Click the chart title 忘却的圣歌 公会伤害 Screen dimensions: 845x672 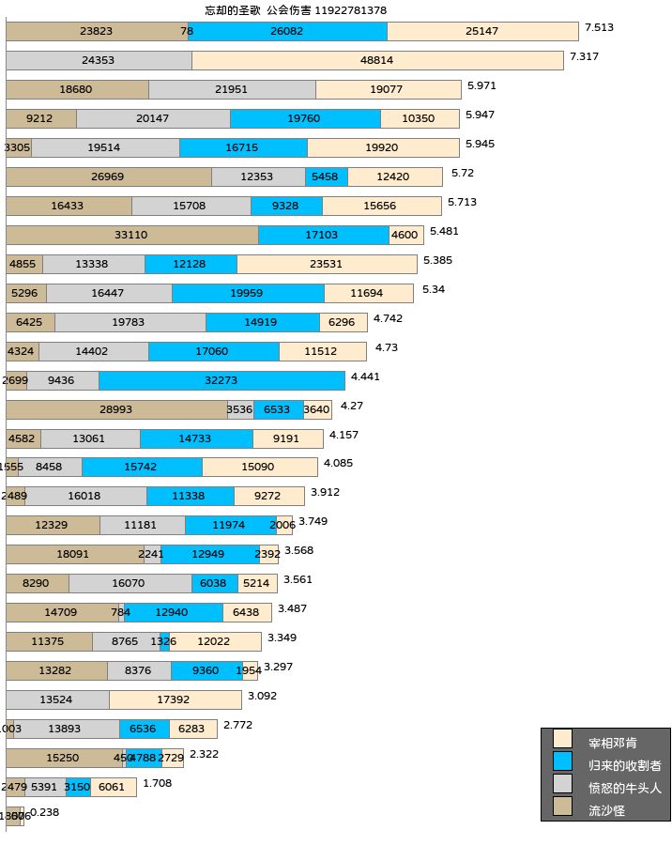coord(296,10)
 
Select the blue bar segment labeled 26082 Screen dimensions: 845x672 coord(289,31)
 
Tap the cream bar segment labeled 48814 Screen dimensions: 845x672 coord(377,60)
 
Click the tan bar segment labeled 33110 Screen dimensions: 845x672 coord(131,235)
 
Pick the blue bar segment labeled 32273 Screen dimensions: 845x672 coord(221,380)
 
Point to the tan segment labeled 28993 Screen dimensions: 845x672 coord(116,409)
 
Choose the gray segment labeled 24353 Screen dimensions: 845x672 coord(99,60)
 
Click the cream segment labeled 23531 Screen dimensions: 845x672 coord(327,264)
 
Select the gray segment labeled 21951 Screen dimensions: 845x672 coord(232,89)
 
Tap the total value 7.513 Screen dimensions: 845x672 coord(599,27)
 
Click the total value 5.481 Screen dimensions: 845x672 coord(445,231)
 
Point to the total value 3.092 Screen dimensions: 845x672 coord(263,696)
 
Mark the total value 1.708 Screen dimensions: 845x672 coord(158,783)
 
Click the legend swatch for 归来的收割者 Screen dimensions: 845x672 coord(562,761)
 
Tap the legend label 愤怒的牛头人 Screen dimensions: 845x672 coord(624,788)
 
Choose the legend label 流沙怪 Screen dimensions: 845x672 coord(606,809)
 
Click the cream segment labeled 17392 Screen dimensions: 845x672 coord(176,699)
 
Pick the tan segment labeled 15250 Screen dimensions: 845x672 coord(63,758)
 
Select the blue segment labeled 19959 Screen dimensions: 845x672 coord(248,293)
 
